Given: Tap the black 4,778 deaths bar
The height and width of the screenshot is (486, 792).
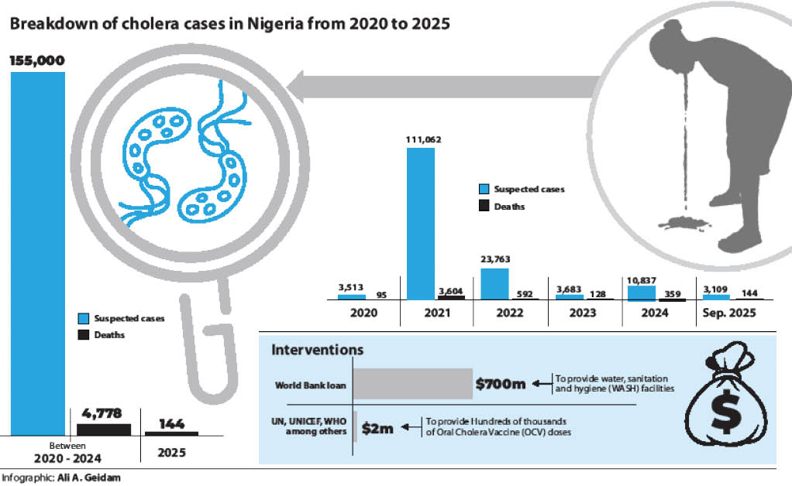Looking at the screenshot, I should click(x=104, y=428).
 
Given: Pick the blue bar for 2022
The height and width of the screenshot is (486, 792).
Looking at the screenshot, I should click(x=494, y=283).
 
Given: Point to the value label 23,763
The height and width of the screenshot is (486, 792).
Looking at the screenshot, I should click(x=495, y=259).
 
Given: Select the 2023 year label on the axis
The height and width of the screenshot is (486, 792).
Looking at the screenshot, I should click(x=583, y=313).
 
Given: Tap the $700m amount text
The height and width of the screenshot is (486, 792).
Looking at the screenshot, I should click(x=501, y=384).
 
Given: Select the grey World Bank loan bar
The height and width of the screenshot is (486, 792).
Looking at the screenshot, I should click(x=413, y=384).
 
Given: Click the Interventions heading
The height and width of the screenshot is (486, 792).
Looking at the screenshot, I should click(x=317, y=351).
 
